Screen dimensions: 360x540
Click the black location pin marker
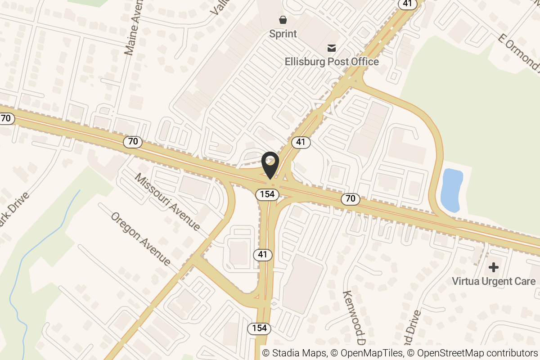coord(270,165)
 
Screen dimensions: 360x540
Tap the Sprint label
coord(283,34)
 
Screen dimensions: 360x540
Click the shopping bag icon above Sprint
coord(283,19)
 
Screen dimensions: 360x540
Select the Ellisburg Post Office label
coord(332,61)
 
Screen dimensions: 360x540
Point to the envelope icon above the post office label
coord(332,47)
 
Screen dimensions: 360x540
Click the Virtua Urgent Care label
coord(494,281)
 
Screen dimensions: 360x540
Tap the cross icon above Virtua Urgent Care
coord(494,267)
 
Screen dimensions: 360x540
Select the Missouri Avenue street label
coord(167,201)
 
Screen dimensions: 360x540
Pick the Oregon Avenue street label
coord(141,238)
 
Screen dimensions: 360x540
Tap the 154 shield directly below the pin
coord(268,194)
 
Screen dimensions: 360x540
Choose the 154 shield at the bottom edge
coord(260,328)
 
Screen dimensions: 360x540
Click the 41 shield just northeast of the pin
coord(301,143)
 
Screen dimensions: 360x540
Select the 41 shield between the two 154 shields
coord(263,255)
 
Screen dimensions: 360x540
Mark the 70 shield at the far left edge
coord(6,118)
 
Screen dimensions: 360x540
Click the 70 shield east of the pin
coord(350,198)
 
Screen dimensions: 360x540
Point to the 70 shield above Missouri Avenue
coord(133,142)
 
